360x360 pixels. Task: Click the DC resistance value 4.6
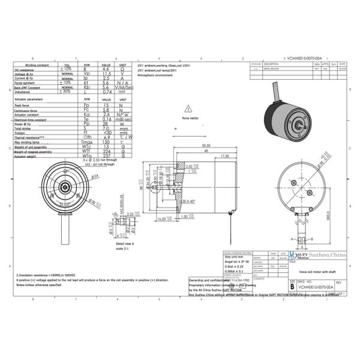point(106,70)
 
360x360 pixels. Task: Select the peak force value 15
point(106,105)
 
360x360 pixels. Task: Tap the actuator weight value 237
point(106,156)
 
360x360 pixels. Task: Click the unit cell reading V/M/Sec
point(122,87)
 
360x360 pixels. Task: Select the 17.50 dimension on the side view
point(225,156)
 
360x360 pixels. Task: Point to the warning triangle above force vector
point(188,109)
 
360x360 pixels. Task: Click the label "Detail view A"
point(125,244)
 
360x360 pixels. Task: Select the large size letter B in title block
point(292,286)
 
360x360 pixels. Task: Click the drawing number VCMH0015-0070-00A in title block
point(315,287)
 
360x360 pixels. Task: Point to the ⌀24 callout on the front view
point(94,176)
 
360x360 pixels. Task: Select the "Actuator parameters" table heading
point(28,99)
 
